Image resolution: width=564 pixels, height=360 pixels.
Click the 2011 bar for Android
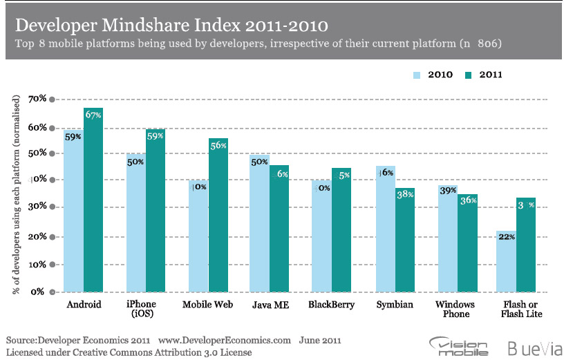coord(93,200)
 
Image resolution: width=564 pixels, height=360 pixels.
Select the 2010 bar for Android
coord(73,211)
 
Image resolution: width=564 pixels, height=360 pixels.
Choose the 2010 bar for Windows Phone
coord(446,238)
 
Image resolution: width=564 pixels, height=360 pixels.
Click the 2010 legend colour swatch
coord(417,75)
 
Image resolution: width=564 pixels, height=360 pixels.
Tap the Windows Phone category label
coord(457,309)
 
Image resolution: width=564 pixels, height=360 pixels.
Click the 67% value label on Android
coord(93,115)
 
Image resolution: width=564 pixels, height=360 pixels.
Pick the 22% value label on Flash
coord(506,236)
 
